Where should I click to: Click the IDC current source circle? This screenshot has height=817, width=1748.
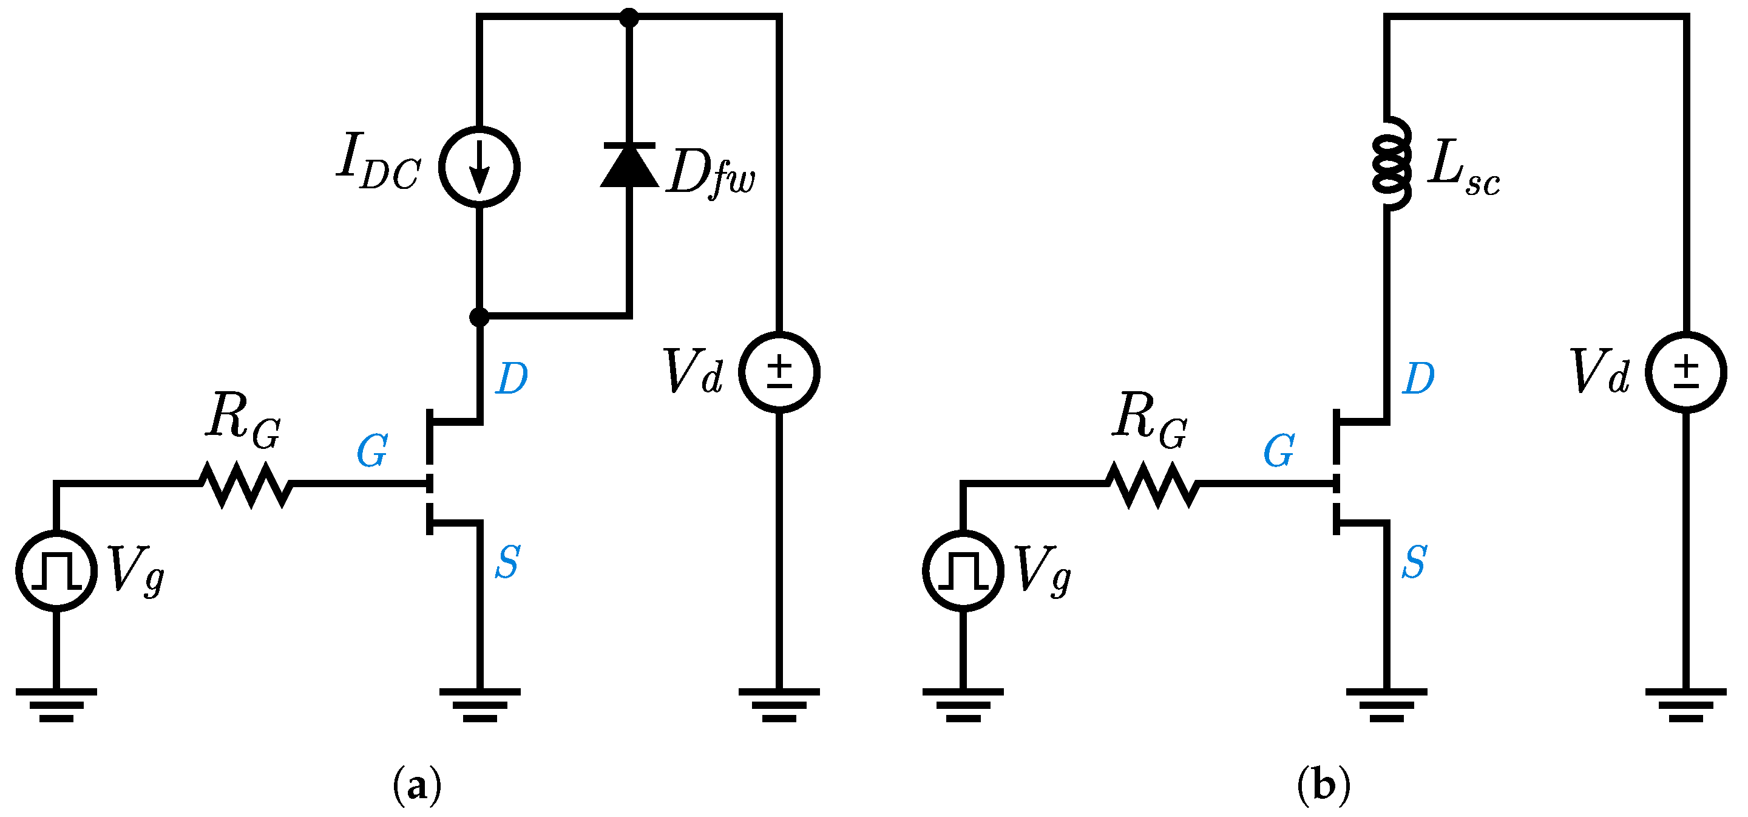coord(479,166)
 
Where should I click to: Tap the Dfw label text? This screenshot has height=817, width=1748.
coord(711,173)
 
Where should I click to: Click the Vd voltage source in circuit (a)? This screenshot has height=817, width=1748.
coord(779,372)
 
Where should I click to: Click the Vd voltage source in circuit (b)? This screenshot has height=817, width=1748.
coord(1686,372)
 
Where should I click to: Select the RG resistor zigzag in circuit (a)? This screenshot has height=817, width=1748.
coord(246,484)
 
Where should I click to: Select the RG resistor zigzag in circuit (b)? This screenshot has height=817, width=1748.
coord(1152,484)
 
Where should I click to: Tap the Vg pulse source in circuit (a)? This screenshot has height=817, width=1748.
coord(56,570)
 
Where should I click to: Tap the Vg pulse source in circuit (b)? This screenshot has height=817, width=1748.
coord(963,570)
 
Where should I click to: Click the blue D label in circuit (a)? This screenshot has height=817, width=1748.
coord(512,379)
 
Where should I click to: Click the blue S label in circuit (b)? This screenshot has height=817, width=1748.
coord(1414,562)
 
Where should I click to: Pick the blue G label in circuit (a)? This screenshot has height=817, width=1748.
coord(373,451)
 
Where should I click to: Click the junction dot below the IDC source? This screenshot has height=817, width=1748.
coord(479,316)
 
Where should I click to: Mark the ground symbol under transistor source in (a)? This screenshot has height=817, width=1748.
coord(479,705)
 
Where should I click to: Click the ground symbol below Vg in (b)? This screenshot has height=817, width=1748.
coord(963,705)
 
